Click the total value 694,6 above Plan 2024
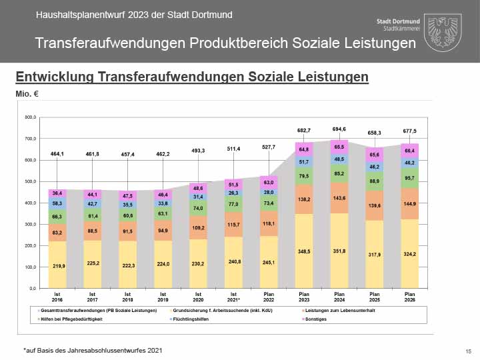(x=339, y=129)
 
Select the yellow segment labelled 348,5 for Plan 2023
(x=303, y=252)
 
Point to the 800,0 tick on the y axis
(x=29, y=117)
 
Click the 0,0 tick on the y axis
(x=31, y=289)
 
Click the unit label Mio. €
(x=27, y=93)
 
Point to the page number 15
(x=468, y=351)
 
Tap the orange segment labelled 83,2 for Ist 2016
(x=57, y=233)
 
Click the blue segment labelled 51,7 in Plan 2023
(x=303, y=161)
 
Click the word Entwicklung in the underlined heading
(x=54, y=77)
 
